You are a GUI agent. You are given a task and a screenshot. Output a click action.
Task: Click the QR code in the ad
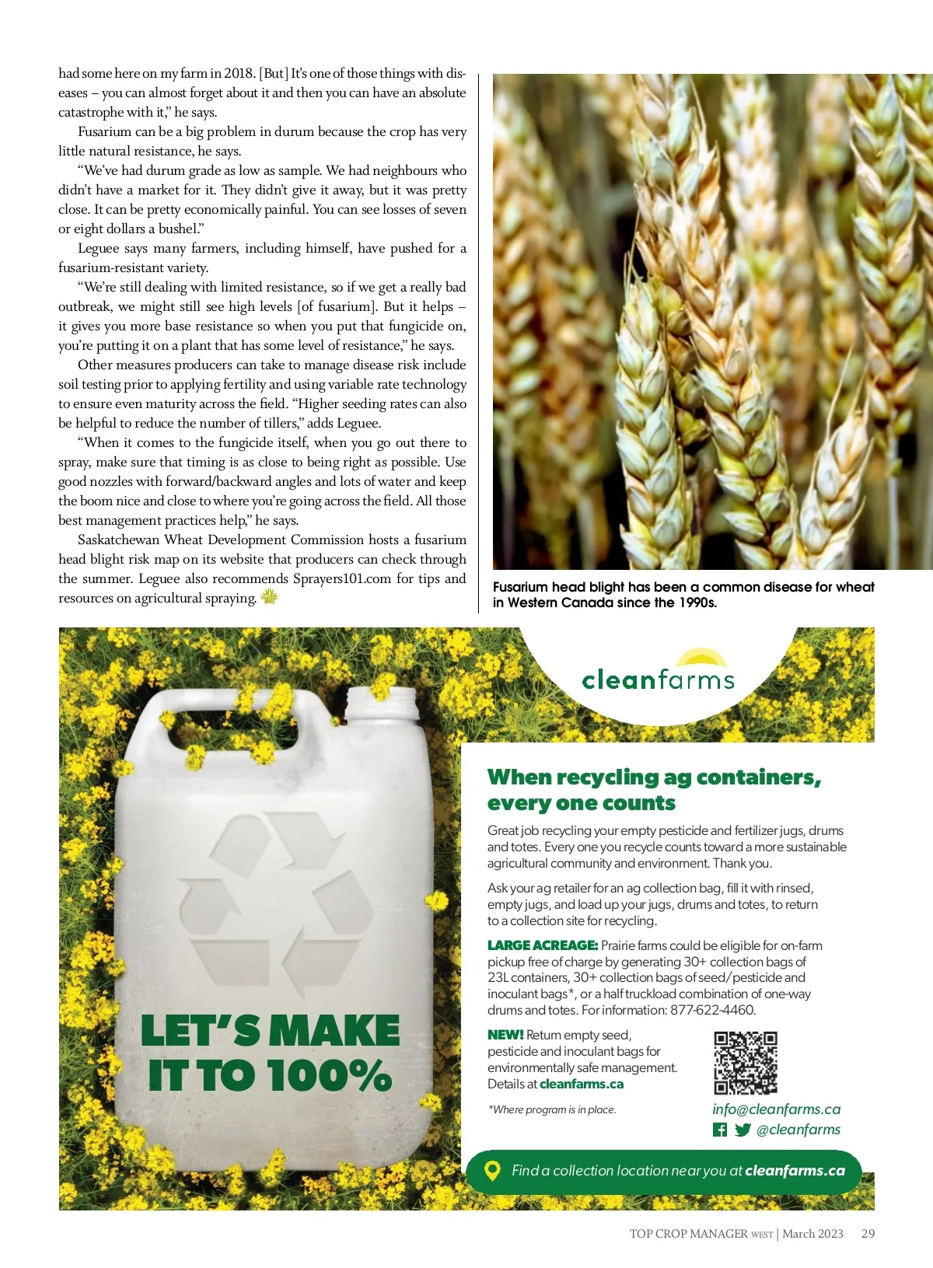click(746, 1062)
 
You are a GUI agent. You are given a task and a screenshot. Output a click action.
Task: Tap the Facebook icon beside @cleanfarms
click(720, 1130)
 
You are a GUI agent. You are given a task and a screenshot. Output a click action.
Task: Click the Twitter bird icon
click(743, 1130)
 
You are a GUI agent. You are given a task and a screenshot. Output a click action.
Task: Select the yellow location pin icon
click(492, 1171)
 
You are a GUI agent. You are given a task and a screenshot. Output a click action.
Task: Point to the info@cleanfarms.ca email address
click(776, 1109)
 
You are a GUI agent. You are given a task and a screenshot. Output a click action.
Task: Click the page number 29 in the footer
click(868, 1234)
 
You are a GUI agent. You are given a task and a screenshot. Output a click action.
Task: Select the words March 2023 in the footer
click(812, 1234)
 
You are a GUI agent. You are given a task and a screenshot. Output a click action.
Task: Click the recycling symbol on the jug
click(275, 891)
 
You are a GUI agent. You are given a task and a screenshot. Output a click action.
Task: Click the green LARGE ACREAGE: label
click(542, 945)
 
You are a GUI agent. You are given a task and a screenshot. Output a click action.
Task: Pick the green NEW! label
click(505, 1035)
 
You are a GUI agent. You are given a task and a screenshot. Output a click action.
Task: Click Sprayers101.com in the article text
click(342, 578)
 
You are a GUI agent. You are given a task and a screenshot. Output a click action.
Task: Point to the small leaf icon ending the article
click(269, 597)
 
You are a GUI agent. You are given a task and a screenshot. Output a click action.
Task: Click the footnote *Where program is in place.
click(552, 1109)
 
